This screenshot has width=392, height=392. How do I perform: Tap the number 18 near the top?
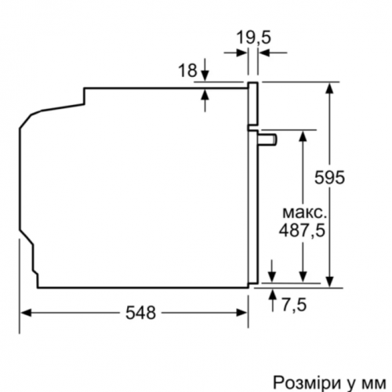(187, 71)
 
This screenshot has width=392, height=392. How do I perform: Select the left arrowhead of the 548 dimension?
(25, 312)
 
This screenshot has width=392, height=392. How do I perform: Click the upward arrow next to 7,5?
(272, 294)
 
